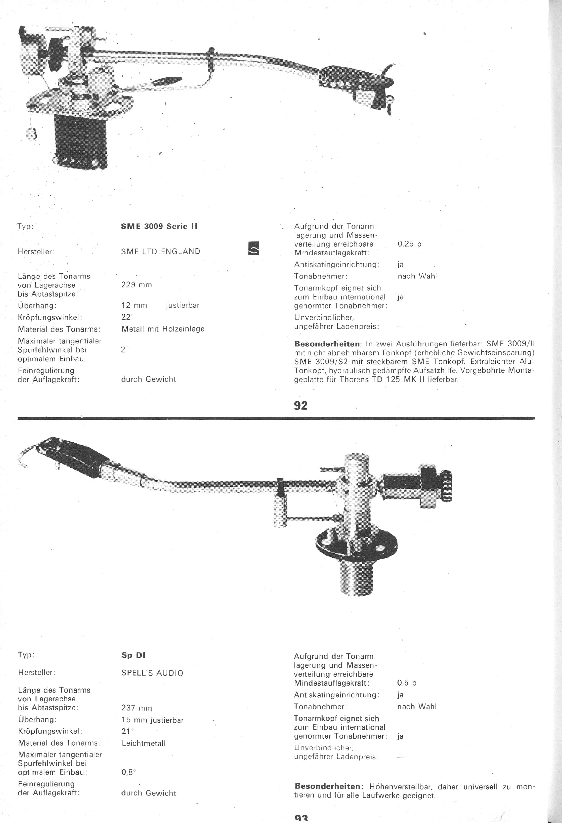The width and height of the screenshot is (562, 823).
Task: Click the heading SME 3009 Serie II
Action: pyautogui.click(x=159, y=226)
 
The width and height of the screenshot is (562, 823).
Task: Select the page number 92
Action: pyautogui.click(x=301, y=405)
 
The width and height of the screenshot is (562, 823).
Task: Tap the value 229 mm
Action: pyautogui.click(x=136, y=285)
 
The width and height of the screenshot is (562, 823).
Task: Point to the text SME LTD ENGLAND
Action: pyautogui.click(x=161, y=251)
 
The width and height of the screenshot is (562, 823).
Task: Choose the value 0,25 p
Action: pyautogui.click(x=409, y=244)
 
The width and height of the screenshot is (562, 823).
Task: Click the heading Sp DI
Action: pyautogui.click(x=133, y=655)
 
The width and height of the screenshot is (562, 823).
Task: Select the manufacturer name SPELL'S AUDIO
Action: pyautogui.click(x=152, y=673)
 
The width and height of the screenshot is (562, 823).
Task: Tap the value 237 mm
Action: pyautogui.click(x=136, y=708)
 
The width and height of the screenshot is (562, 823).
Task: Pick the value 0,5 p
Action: pyautogui.click(x=407, y=683)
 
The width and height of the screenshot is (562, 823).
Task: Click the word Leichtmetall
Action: pyautogui.click(x=143, y=743)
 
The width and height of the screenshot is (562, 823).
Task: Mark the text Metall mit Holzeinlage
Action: pyautogui.click(x=163, y=329)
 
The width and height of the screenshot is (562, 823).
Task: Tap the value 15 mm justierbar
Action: pyautogui.click(x=152, y=720)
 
